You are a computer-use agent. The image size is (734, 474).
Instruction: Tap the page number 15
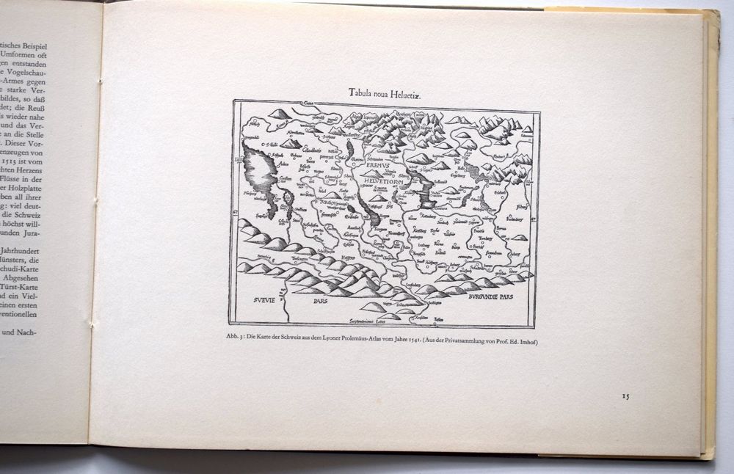(625, 396)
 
